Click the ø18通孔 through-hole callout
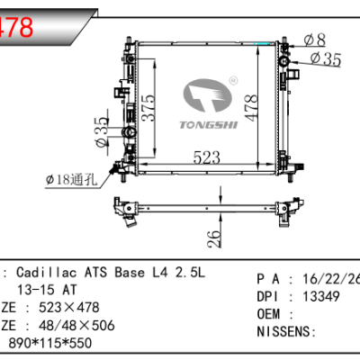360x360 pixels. coord(69,180)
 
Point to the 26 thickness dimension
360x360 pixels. coord(212,239)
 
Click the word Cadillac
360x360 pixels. coord(44,274)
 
